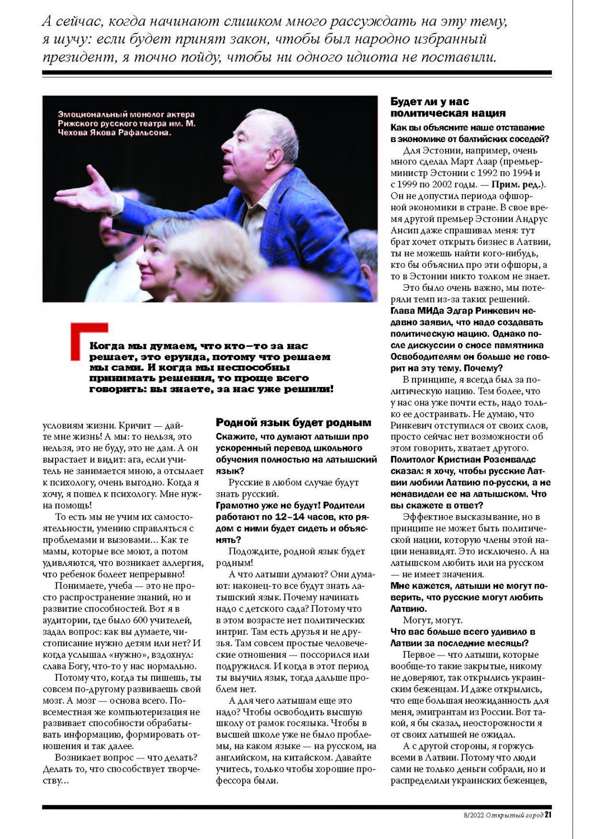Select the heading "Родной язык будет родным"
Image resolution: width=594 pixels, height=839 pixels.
(x=293, y=423)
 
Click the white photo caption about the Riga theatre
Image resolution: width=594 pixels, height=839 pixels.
(x=127, y=124)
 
